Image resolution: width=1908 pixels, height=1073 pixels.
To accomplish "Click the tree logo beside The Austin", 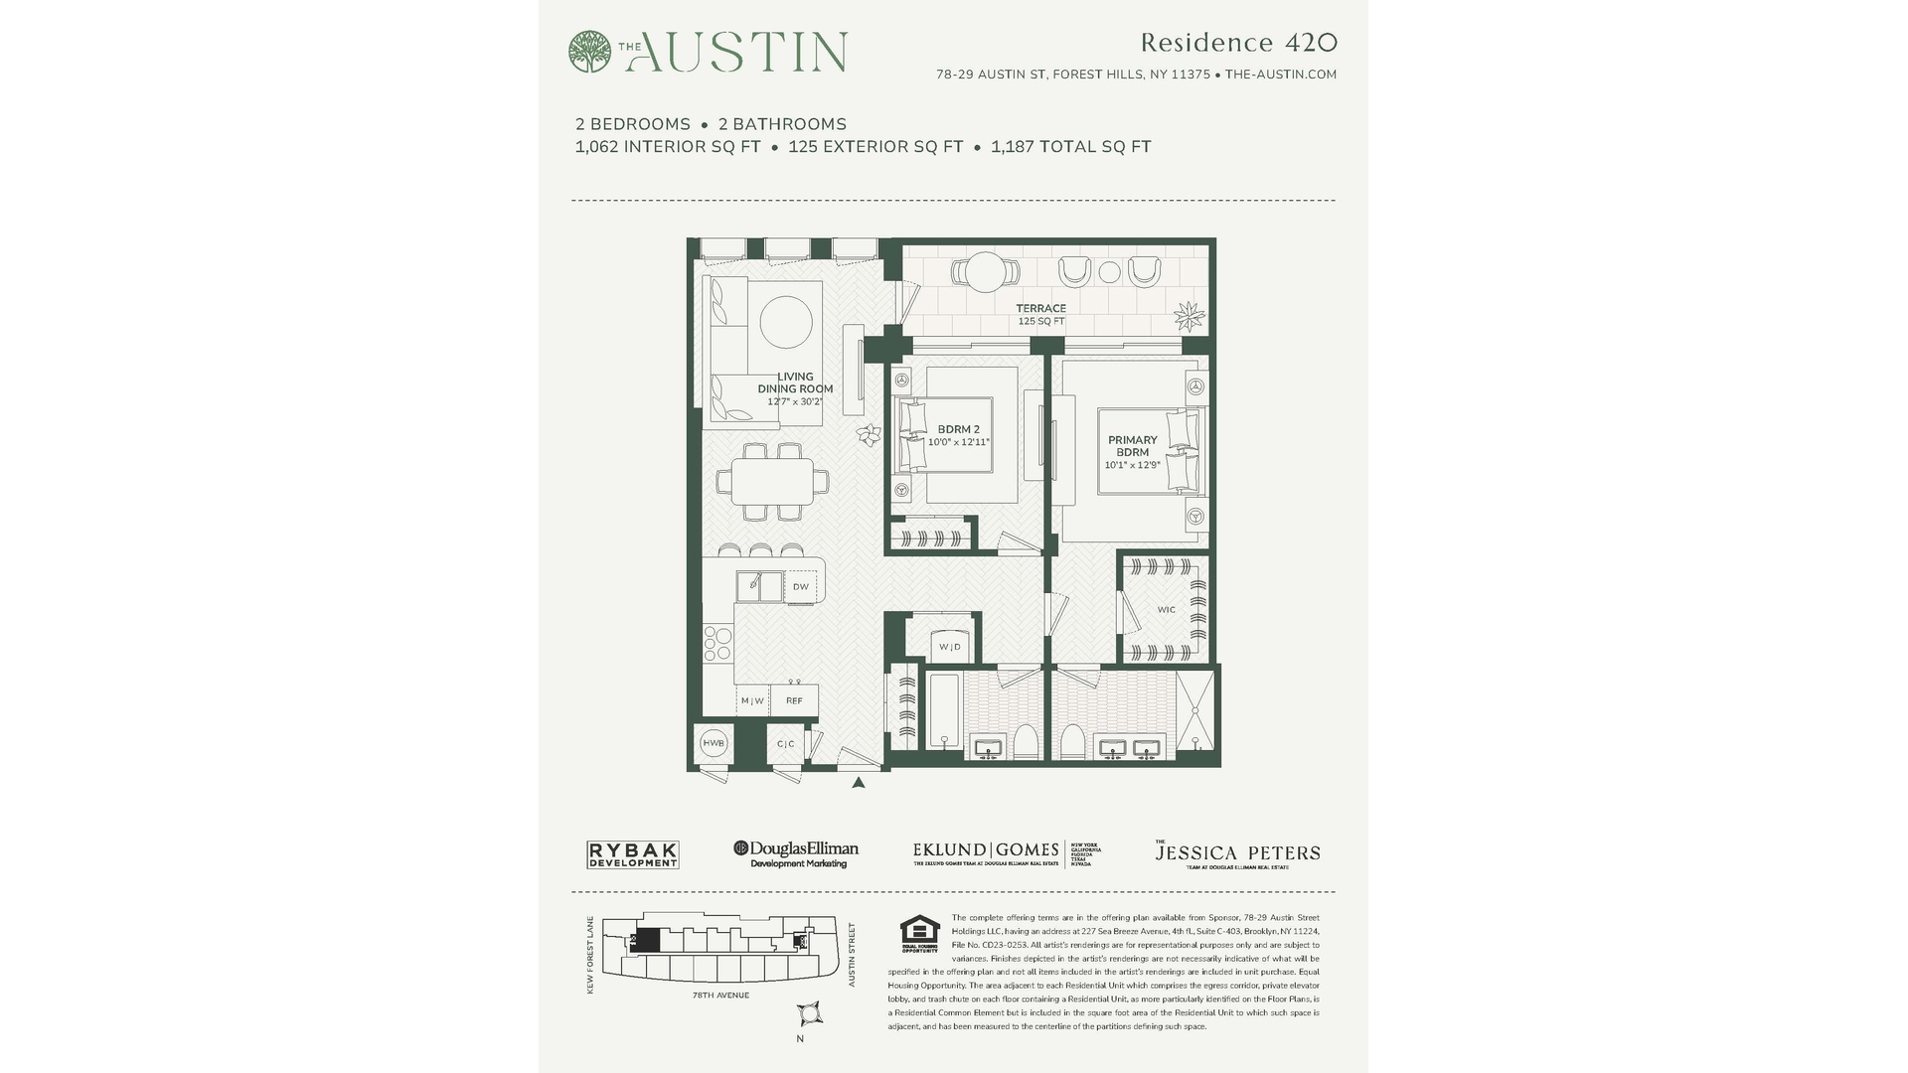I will (x=589, y=52).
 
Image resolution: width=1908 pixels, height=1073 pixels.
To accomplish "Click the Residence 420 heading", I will (x=1238, y=43).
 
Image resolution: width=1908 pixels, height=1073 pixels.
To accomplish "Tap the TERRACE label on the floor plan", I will (x=1040, y=309).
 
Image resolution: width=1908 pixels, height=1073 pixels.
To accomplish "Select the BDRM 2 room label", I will (x=958, y=430).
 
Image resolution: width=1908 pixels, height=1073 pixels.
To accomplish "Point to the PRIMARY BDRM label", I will (x=1132, y=446).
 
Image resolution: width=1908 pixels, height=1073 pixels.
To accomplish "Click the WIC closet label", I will (x=1166, y=610).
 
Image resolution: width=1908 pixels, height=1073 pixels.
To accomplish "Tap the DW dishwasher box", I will (x=800, y=587).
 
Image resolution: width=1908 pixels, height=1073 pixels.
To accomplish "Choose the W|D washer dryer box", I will (x=950, y=647).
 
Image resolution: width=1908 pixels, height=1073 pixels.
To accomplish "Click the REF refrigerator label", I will (x=794, y=700).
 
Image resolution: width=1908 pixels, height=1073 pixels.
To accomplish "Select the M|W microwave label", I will (x=752, y=700).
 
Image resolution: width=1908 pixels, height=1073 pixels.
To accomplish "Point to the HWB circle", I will (x=714, y=743).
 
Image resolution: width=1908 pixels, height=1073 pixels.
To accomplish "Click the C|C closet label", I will (x=785, y=744).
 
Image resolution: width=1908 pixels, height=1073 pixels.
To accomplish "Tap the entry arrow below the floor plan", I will (x=859, y=783).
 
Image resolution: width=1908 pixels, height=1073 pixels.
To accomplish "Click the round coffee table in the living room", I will (x=786, y=321).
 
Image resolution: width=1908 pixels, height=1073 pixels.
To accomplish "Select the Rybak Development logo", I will (x=632, y=854).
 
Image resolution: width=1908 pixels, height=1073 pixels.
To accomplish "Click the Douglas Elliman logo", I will (x=796, y=853).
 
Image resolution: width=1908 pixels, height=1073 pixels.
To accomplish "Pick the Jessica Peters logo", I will (x=1237, y=854).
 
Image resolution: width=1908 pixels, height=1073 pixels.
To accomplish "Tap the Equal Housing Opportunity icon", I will (x=919, y=933).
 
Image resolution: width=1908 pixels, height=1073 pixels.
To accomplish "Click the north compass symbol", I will (x=809, y=1013).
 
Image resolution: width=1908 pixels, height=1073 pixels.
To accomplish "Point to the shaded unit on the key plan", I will (x=646, y=941).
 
